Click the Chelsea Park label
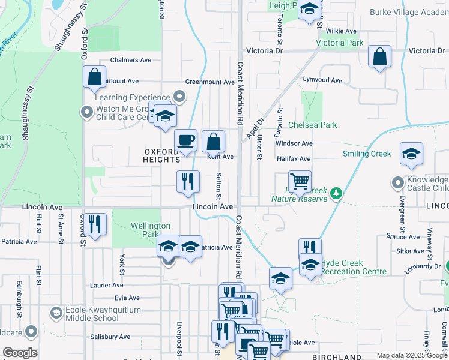tap(313, 125)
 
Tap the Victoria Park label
tap(339, 43)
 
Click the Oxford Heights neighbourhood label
tap(162, 155)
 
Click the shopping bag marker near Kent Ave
tap(213, 142)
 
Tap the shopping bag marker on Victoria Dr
tap(379, 57)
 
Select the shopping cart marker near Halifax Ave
tap(299, 180)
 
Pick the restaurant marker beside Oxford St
tap(95, 224)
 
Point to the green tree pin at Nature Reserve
tap(337, 193)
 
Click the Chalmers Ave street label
tap(130, 60)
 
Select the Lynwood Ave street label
tap(322, 80)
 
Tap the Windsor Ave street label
tap(294, 143)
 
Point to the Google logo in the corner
tap(20, 353)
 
